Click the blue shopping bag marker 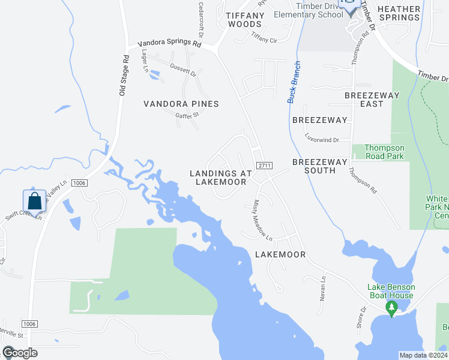click(35, 201)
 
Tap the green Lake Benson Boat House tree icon click(392, 308)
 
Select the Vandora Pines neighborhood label click(181, 104)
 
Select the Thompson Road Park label click(385, 152)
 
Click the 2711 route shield click(264, 165)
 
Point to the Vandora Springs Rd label click(169, 44)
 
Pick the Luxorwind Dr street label click(322, 139)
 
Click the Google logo click(20, 353)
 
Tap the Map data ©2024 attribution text click(423, 355)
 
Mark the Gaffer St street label click(187, 115)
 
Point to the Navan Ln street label click(323, 288)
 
